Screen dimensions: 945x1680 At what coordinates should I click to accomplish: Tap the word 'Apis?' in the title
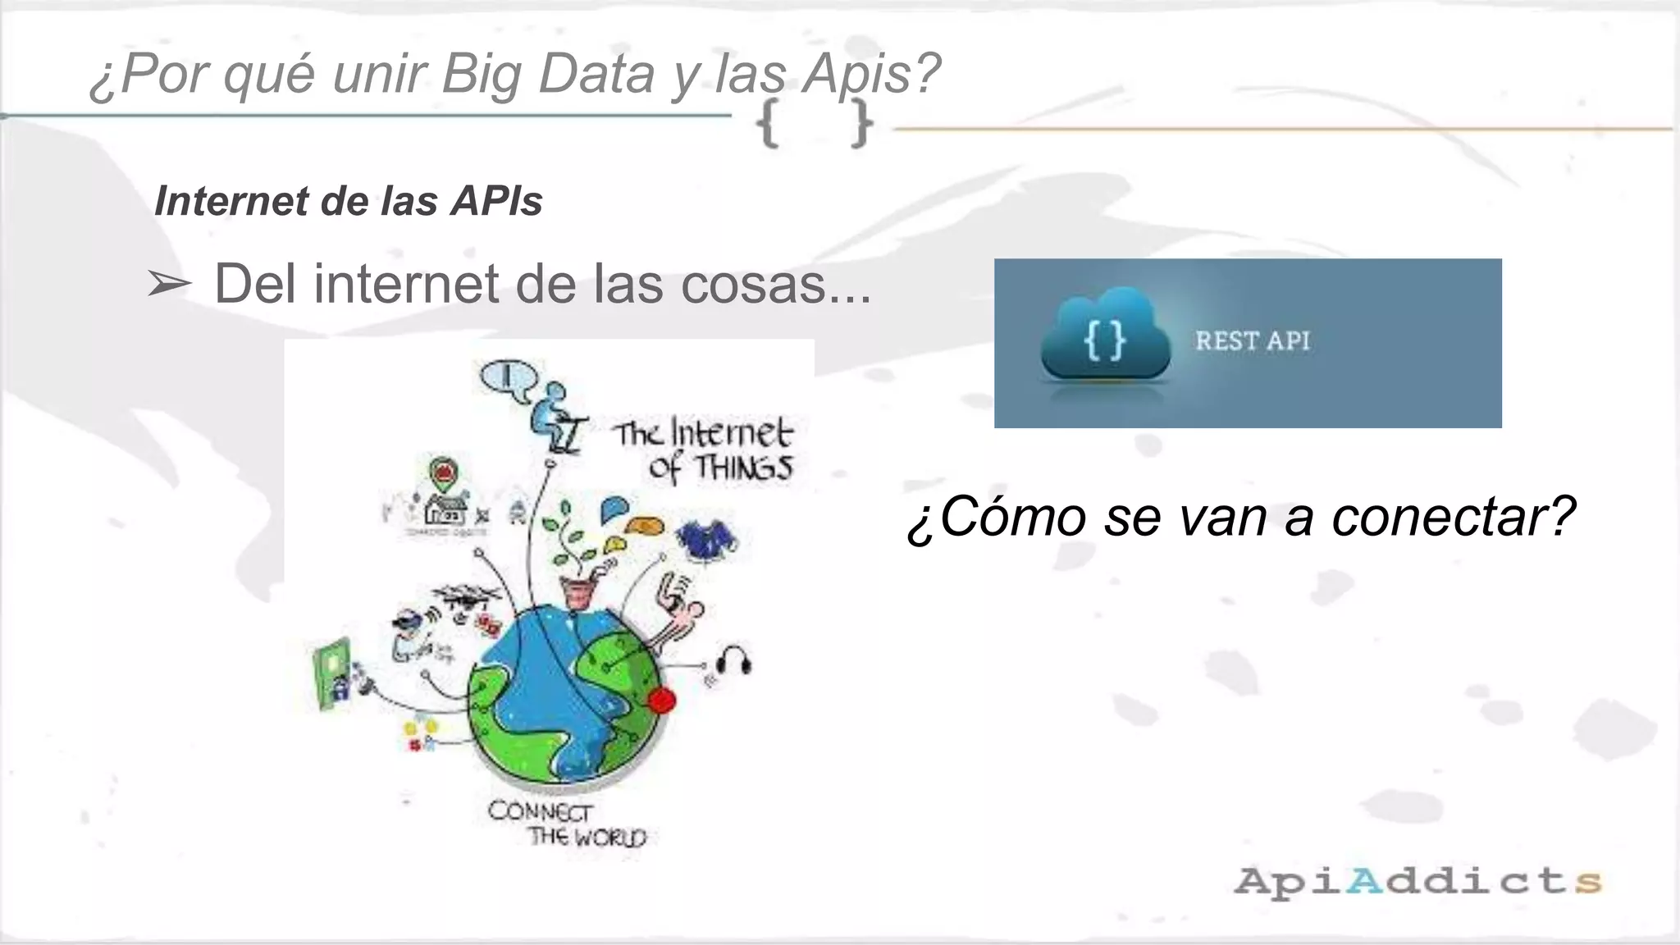[x=871, y=74]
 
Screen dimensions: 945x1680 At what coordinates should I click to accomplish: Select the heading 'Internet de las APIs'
[x=349, y=201]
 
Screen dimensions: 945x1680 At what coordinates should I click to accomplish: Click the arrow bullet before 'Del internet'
[x=168, y=285]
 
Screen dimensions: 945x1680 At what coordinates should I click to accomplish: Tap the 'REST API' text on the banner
[x=1252, y=340]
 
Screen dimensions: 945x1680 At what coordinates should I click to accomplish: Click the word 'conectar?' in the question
[x=1453, y=517]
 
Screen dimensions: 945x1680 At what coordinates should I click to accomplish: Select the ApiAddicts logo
[x=1417, y=882]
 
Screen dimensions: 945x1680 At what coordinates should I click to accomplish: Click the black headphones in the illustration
[x=734, y=660]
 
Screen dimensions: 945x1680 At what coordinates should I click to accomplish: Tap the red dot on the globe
[x=662, y=700]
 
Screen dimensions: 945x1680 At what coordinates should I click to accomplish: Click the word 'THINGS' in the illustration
[x=743, y=468]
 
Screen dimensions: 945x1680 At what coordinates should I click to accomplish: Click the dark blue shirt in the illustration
[x=705, y=541]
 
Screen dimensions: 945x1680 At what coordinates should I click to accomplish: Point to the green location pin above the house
[x=444, y=474]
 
